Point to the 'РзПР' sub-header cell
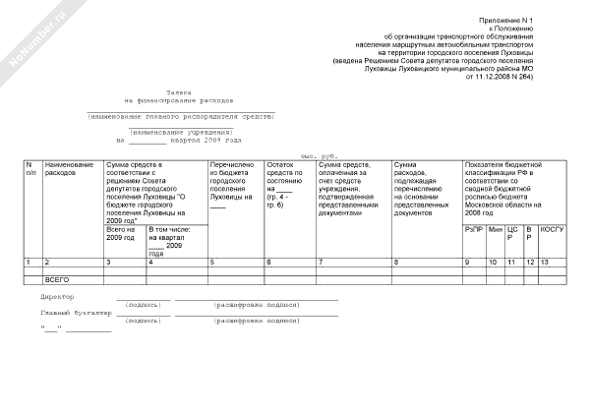click(x=474, y=229)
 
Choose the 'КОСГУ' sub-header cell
click(x=552, y=229)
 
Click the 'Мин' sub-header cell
click(x=495, y=229)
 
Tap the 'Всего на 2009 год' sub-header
click(x=122, y=234)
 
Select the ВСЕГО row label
click(x=60, y=280)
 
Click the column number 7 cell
click(x=321, y=263)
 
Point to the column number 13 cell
click(x=545, y=263)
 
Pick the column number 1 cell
click(x=29, y=263)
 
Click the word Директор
click(x=57, y=296)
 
